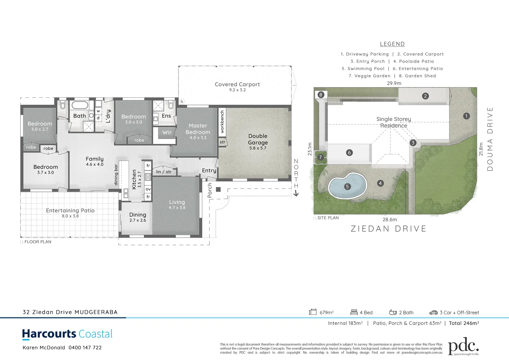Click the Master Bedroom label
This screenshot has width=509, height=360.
[198, 129]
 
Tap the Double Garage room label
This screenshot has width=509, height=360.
[258, 139]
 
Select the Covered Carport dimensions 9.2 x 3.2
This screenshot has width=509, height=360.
[237, 90]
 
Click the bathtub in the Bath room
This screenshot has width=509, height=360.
[80, 105]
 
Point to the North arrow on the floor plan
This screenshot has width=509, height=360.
[296, 193]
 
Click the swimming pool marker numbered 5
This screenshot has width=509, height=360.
[347, 187]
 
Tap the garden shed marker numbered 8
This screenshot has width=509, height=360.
[321, 95]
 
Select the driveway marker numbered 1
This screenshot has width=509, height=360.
[466, 116]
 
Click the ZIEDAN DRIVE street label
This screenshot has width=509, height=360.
[388, 229]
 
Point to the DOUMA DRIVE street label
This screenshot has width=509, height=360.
[490, 139]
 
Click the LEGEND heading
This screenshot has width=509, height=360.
[392, 44]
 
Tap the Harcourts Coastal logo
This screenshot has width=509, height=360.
[67, 334]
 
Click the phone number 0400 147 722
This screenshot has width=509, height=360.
[85, 348]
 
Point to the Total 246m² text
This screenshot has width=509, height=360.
[464, 323]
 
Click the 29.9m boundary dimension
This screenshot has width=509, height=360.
[394, 83]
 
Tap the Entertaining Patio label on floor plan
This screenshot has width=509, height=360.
[70, 211]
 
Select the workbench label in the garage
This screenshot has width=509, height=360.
[222, 122]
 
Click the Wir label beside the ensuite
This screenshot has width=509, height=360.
[167, 132]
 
